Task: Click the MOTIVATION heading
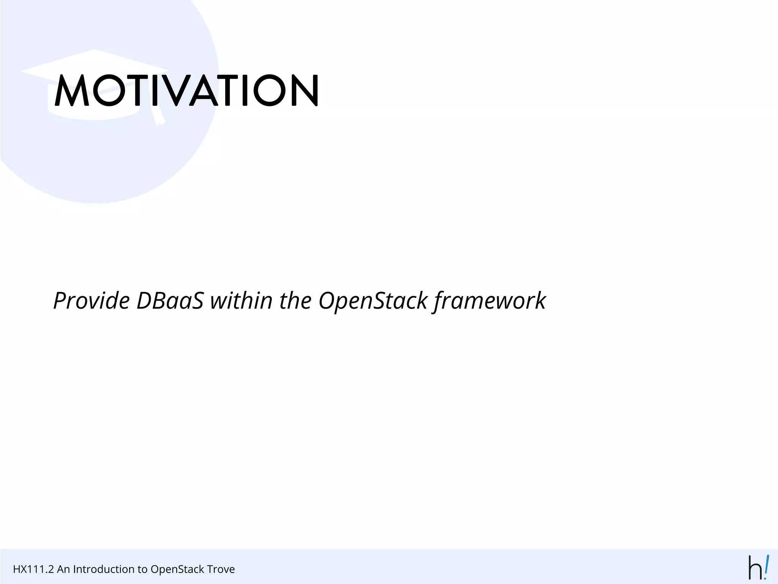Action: coord(186,90)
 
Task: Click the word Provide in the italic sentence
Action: coord(92,301)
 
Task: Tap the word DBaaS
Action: coord(170,301)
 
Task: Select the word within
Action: coord(241,301)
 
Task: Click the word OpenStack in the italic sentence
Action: coord(373,301)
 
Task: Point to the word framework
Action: coord(489,301)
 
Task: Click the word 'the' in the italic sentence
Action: coord(295,301)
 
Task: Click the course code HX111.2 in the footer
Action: coord(33,569)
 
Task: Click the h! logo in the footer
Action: coord(758,568)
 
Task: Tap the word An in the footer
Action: coord(63,569)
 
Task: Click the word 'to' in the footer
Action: coord(142,569)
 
